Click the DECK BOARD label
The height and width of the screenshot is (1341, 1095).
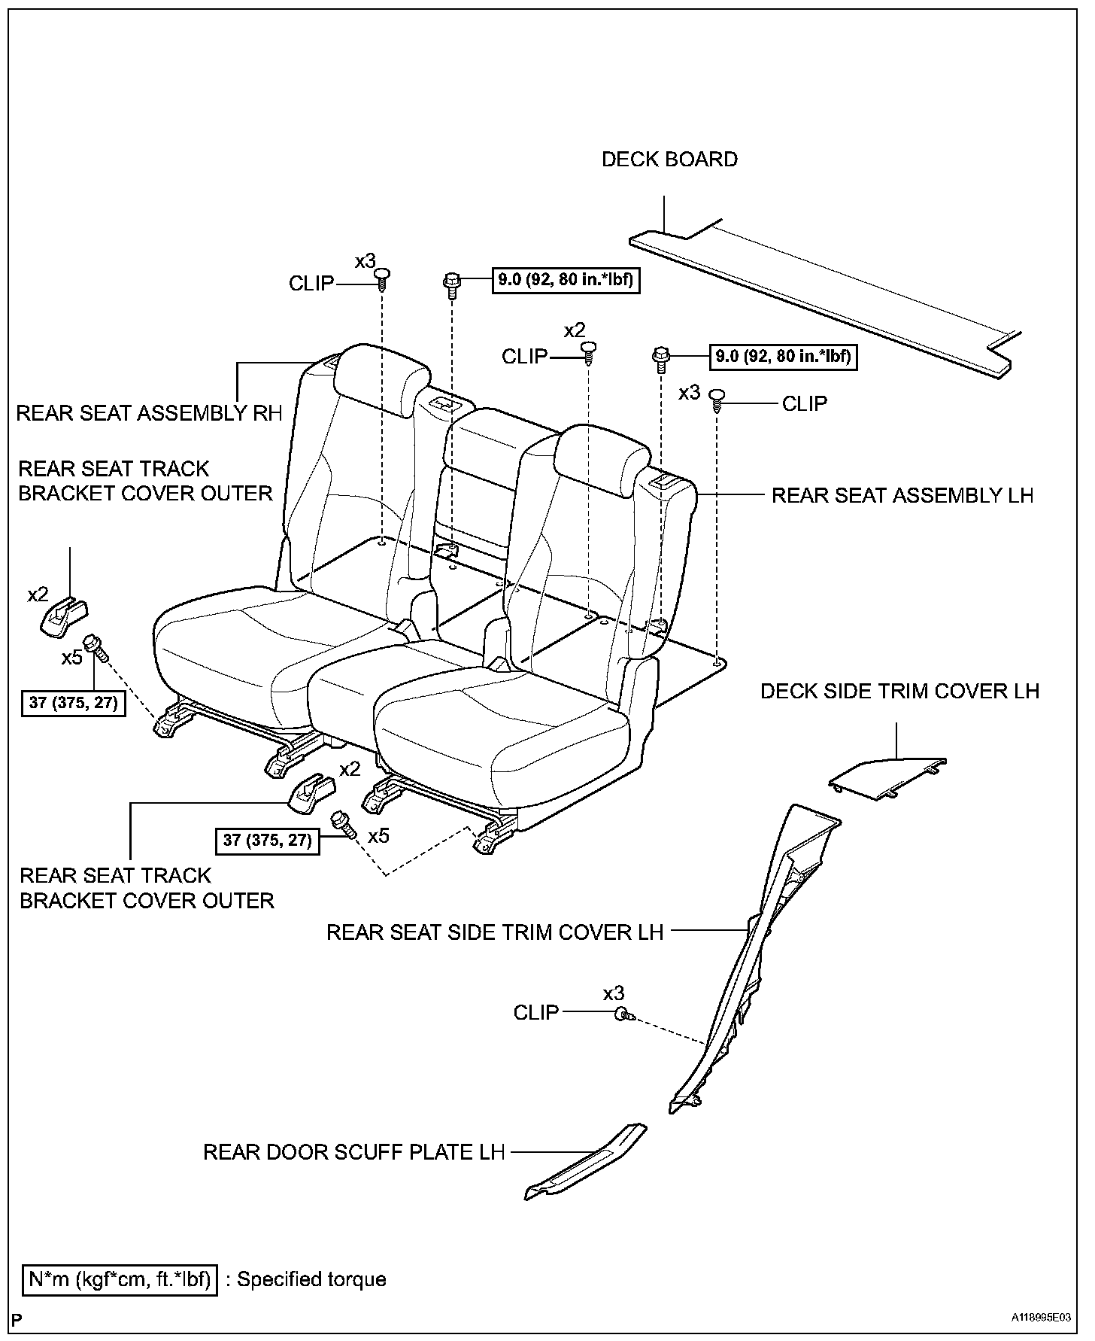tap(669, 160)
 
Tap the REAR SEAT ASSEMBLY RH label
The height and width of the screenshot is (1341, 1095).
tap(149, 413)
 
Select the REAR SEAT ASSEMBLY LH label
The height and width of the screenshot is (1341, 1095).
tap(902, 495)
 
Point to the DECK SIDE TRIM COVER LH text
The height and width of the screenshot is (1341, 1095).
tap(899, 691)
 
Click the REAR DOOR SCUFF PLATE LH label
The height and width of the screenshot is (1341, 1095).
tap(353, 1152)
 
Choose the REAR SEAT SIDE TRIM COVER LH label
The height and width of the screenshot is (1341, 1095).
tap(495, 932)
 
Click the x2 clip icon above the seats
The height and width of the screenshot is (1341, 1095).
tap(590, 350)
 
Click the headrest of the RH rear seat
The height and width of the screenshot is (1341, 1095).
tap(381, 380)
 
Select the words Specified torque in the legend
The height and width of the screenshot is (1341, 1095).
tap(311, 1279)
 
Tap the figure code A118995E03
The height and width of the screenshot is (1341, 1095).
tap(1040, 1318)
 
